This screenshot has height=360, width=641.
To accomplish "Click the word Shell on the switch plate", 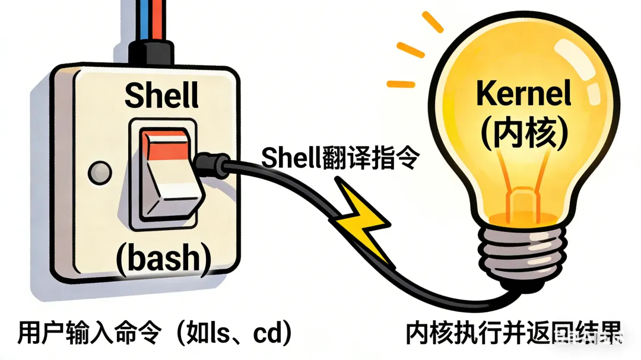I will pyautogui.click(x=161, y=97).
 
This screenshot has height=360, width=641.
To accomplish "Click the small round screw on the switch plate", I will pyautogui.click(x=99, y=173).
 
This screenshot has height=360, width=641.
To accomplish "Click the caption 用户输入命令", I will pyautogui.click(x=89, y=333).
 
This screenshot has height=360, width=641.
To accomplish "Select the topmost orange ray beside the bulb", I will pyautogui.click(x=431, y=22).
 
